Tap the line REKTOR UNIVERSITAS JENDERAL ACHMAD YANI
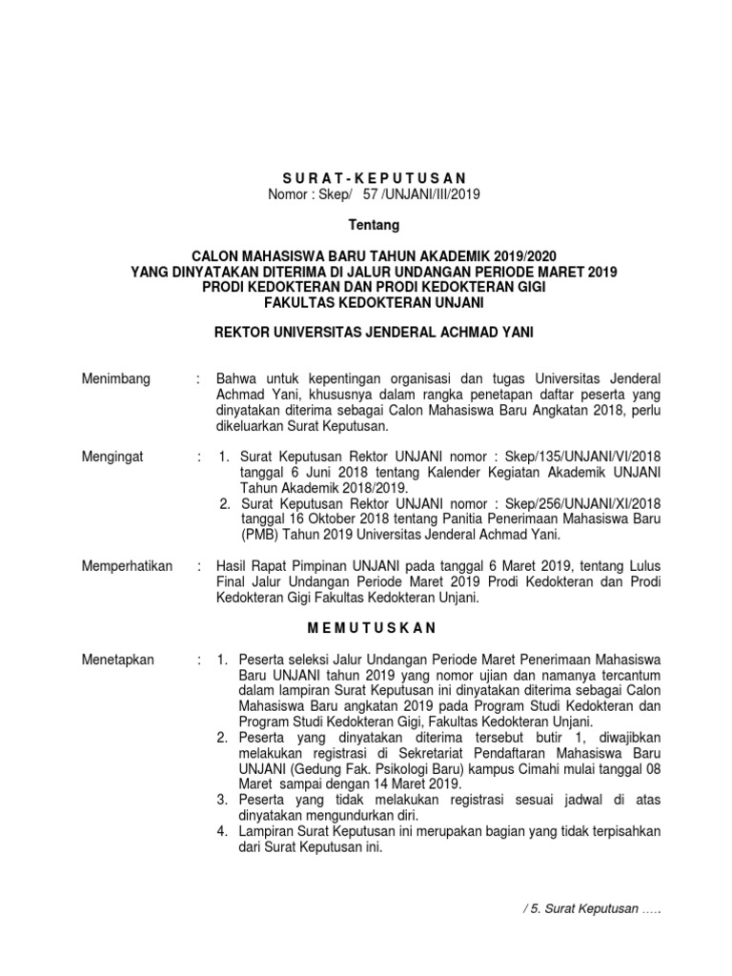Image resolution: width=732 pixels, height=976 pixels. coord(373,332)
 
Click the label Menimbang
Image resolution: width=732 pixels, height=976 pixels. coord(116,379)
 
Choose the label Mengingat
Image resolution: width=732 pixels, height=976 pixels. coord(113,457)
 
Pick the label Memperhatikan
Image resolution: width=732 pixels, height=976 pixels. coord(128,566)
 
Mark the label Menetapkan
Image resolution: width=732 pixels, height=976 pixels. coord(119,660)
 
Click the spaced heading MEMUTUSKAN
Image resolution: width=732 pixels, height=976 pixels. coord(372,628)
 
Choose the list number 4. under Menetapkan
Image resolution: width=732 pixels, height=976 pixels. coord(223,830)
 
